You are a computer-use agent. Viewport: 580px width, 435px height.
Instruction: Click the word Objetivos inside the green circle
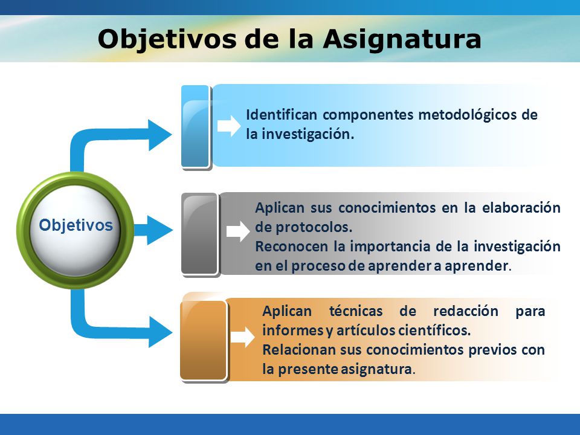tap(76, 225)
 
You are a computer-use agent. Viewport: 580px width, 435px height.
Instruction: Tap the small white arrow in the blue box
tap(229, 126)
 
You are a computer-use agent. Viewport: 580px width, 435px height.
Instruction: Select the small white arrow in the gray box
tap(238, 231)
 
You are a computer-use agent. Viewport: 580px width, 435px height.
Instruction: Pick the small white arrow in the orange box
tap(243, 337)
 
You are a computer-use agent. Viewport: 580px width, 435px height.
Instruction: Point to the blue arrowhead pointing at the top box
tap(159, 135)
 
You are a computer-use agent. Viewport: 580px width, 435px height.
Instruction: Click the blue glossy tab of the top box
tap(196, 127)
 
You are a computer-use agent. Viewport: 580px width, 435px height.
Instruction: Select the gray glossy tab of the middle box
tap(200, 234)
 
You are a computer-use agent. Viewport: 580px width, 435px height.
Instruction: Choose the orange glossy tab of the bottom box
tap(204, 340)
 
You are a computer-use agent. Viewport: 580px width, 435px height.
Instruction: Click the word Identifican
tap(282, 115)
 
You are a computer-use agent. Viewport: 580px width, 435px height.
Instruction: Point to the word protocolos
tap(314, 228)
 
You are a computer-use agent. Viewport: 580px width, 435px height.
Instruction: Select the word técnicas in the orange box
tap(356, 311)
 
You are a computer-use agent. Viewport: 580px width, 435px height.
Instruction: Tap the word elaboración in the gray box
tap(521, 208)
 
